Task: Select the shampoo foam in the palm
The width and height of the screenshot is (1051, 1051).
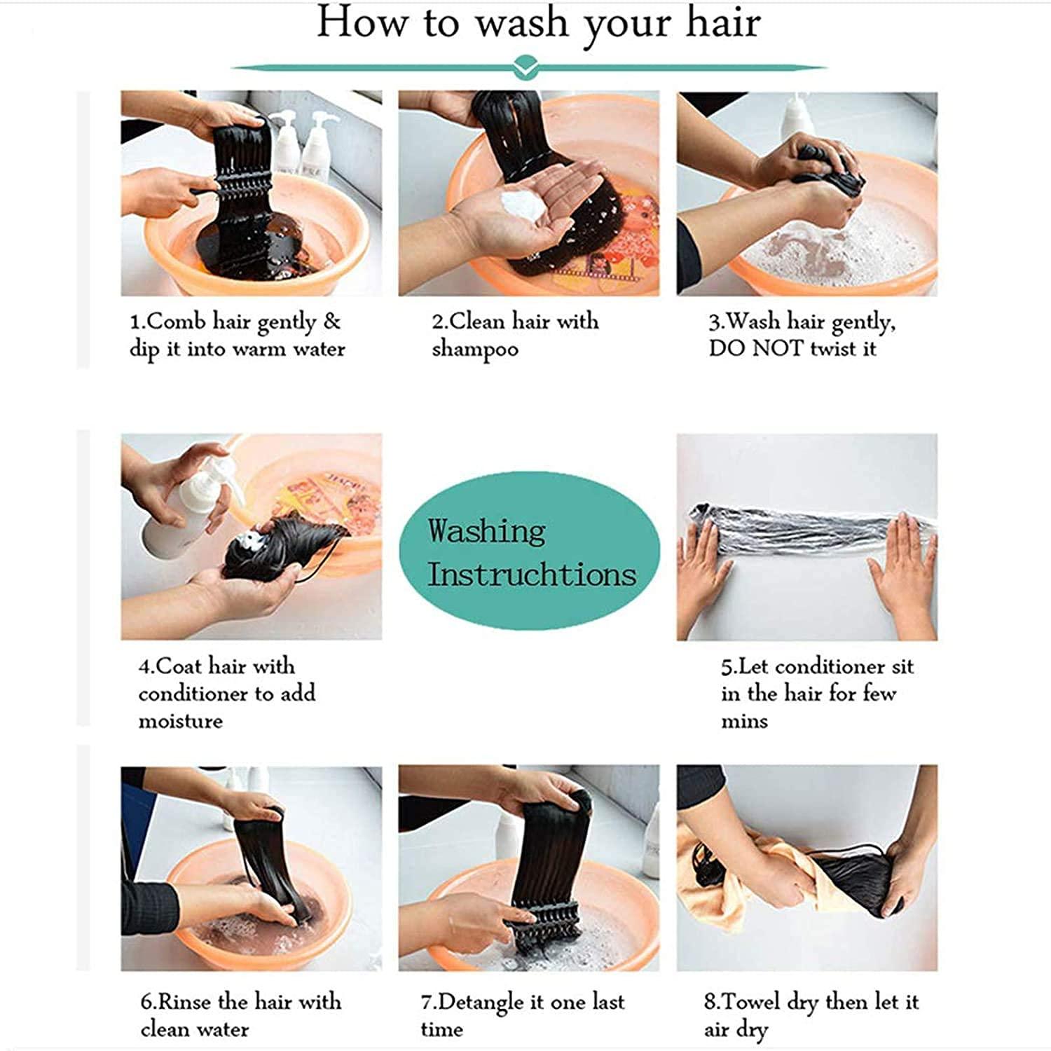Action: coord(524,204)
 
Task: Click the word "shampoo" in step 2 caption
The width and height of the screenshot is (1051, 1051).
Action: coord(475,349)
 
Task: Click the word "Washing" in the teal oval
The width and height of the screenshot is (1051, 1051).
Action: coord(486,530)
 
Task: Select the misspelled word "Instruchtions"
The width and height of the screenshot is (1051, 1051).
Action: coord(532,574)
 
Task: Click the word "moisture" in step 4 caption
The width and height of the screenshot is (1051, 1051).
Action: coord(180,721)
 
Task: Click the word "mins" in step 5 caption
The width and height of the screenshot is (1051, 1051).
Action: coord(744,721)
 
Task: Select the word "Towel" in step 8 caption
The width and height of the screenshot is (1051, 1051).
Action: coord(750,1001)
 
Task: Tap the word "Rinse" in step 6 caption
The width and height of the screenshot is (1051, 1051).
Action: coord(185,1001)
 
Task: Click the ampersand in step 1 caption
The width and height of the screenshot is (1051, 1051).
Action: coord(331,322)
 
